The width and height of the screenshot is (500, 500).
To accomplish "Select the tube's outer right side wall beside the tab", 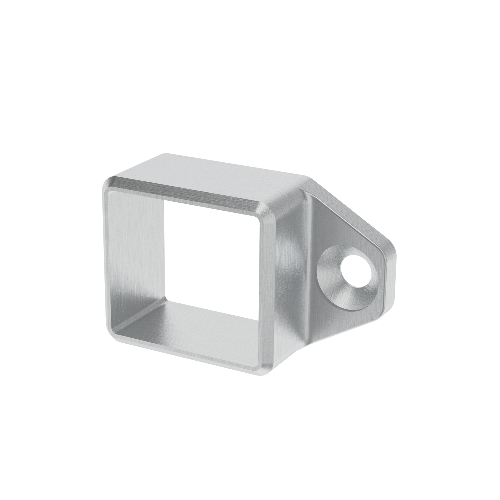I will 290,272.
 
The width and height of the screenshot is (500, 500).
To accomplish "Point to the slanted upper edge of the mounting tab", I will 349,207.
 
